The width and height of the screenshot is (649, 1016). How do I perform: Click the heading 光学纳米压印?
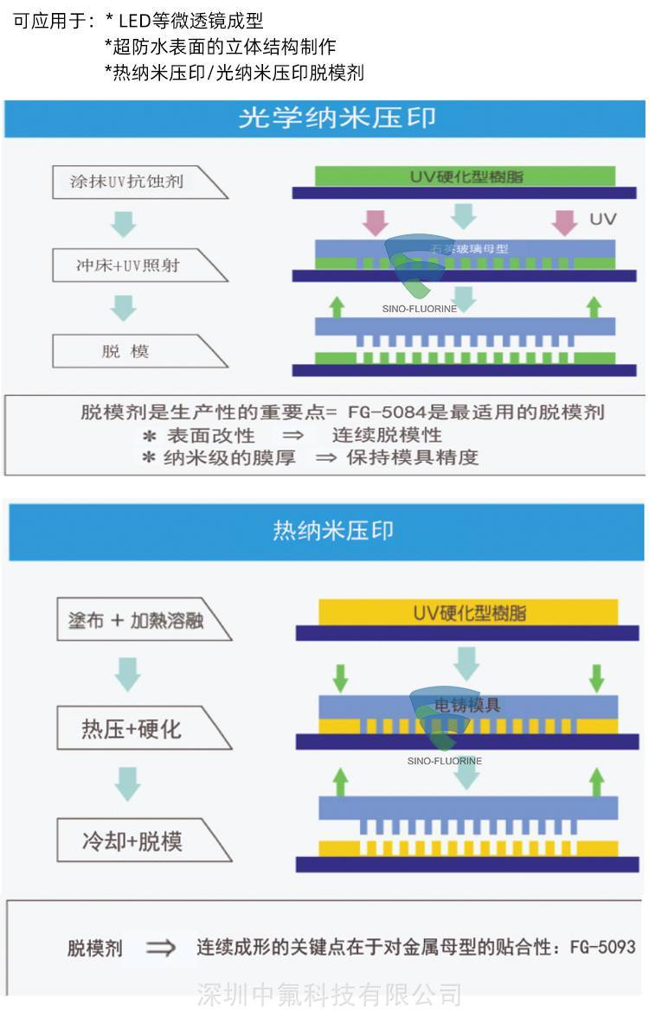coord(337,118)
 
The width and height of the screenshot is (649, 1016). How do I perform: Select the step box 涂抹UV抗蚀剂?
coord(127,182)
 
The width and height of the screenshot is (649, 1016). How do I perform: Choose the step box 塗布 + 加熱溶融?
coord(136,620)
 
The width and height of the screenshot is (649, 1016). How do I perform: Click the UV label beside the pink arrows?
coord(602,219)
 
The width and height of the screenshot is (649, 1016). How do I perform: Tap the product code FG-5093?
coord(602,947)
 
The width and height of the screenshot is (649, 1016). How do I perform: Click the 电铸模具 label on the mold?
coord(468,705)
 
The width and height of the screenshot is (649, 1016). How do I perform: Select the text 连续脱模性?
coord(387,435)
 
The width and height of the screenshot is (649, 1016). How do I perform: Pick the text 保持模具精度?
coord(412,457)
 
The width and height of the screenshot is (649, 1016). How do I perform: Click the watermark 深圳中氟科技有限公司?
coord(329,994)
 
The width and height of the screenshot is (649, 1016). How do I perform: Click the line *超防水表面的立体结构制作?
coord(220,47)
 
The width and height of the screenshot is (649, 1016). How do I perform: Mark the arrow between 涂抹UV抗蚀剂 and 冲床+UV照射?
coord(124,224)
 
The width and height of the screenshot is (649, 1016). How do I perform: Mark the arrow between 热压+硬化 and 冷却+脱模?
coord(127,784)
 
